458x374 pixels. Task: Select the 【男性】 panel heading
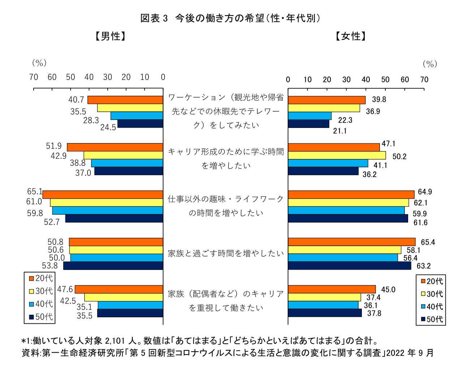[x=111, y=36]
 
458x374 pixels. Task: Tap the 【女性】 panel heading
[x=351, y=36]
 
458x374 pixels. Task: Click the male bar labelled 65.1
[x=103, y=195]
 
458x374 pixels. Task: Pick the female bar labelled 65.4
[x=351, y=242]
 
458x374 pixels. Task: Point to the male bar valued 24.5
[x=140, y=124]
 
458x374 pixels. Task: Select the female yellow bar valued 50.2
[x=337, y=155]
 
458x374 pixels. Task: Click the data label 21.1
[x=340, y=131]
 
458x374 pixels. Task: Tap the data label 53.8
[x=50, y=266]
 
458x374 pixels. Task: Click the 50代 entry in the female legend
[x=432, y=319]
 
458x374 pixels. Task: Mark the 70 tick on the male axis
[x=34, y=77]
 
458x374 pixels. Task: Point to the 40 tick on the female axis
[x=366, y=79]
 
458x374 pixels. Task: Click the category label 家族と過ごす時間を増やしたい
[x=226, y=254]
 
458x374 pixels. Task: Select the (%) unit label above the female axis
[x=430, y=64]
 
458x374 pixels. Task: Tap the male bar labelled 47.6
[x=119, y=289]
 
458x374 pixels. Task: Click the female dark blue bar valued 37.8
[x=325, y=313]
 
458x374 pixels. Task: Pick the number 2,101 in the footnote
[x=115, y=341]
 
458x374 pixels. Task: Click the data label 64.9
[x=425, y=192]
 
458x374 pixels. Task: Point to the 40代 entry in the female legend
[x=432, y=307]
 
